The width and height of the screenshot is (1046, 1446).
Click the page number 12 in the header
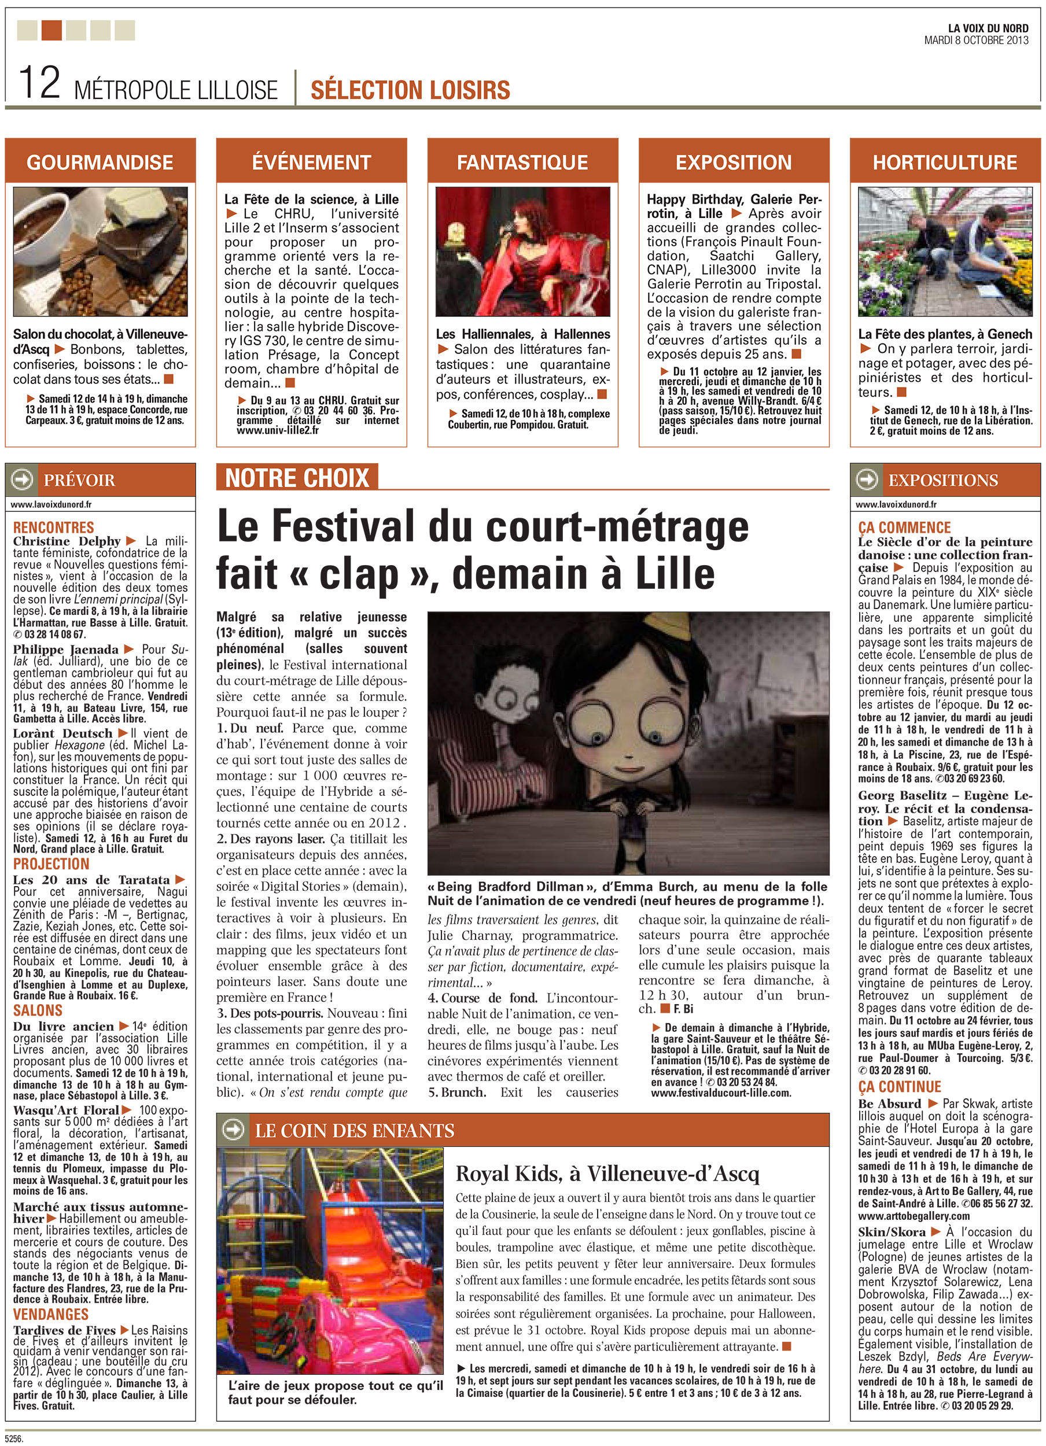pos(39,82)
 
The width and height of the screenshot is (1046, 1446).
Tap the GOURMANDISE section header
pos(100,163)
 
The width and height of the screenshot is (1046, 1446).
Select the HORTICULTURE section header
pos(945,163)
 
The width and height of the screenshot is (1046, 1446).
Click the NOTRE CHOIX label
pos(297,478)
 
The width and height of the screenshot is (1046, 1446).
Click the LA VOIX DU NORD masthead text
pos(988,28)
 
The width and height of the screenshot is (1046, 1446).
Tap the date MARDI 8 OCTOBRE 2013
pos(976,40)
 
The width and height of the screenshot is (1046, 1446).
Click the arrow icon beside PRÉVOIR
pos(23,480)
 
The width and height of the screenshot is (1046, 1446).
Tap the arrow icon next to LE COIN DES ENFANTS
pos(233,1130)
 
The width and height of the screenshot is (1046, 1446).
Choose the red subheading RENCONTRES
pos(54,528)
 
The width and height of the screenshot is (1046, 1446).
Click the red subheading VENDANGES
pos(50,1314)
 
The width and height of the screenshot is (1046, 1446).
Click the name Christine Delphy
pos(67,541)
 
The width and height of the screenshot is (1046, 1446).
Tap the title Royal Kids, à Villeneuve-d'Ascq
pos(606,1174)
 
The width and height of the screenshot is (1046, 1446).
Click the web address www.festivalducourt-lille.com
pos(721,1093)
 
